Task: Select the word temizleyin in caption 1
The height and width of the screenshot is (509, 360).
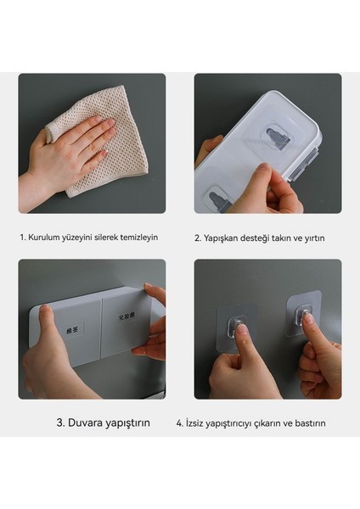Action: tap(139, 238)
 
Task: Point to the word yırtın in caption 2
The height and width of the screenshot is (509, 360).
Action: tap(314, 238)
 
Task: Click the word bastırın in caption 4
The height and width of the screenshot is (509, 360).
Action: tap(311, 423)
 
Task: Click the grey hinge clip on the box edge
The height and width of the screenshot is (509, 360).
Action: tap(305, 163)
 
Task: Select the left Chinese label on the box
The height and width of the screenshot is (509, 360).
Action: tap(74, 331)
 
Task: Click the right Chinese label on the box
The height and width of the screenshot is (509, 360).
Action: tap(127, 316)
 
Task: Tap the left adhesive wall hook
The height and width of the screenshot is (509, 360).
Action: tap(237, 327)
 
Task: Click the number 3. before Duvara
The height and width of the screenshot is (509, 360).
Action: tap(61, 422)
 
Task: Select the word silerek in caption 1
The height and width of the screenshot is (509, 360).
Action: tap(107, 238)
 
